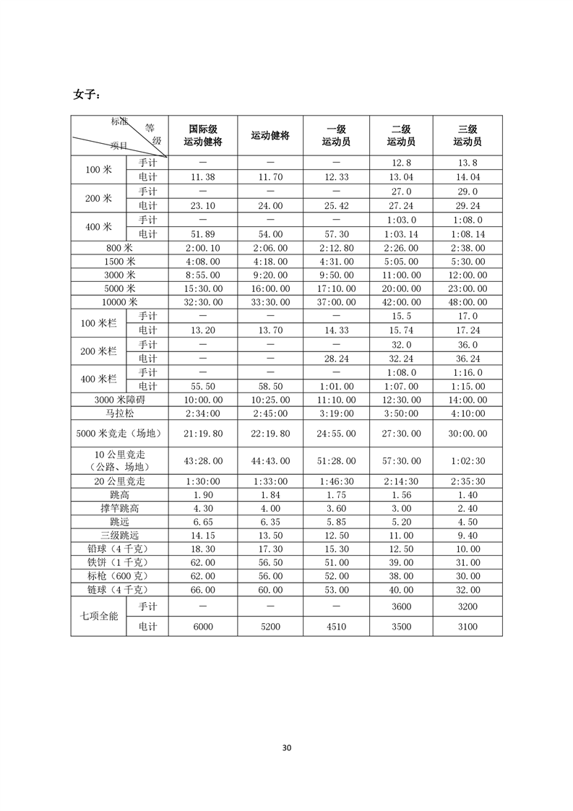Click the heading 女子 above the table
point(87,95)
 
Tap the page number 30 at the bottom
point(286,747)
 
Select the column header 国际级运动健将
point(202,135)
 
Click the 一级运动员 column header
point(336,135)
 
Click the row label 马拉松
point(119,414)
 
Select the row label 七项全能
point(98,616)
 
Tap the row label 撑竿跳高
point(119,508)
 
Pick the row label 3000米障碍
point(119,400)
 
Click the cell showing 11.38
point(202,177)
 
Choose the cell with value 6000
point(202,627)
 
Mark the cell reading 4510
point(336,627)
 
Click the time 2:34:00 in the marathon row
point(202,414)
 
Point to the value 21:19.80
point(202,434)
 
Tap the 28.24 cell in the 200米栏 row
point(336,359)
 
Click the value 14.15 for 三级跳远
point(202,536)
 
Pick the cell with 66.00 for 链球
point(202,590)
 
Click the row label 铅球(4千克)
point(119,549)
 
